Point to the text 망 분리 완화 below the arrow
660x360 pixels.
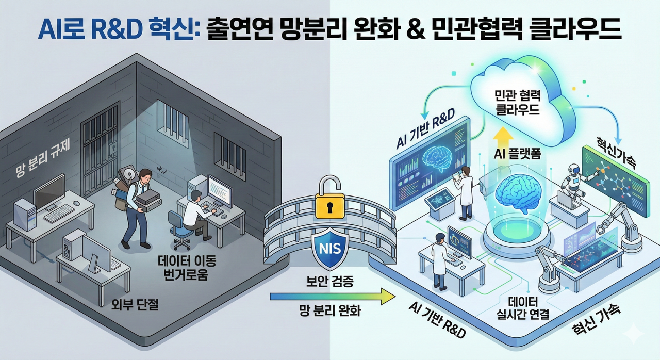[331, 312]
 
